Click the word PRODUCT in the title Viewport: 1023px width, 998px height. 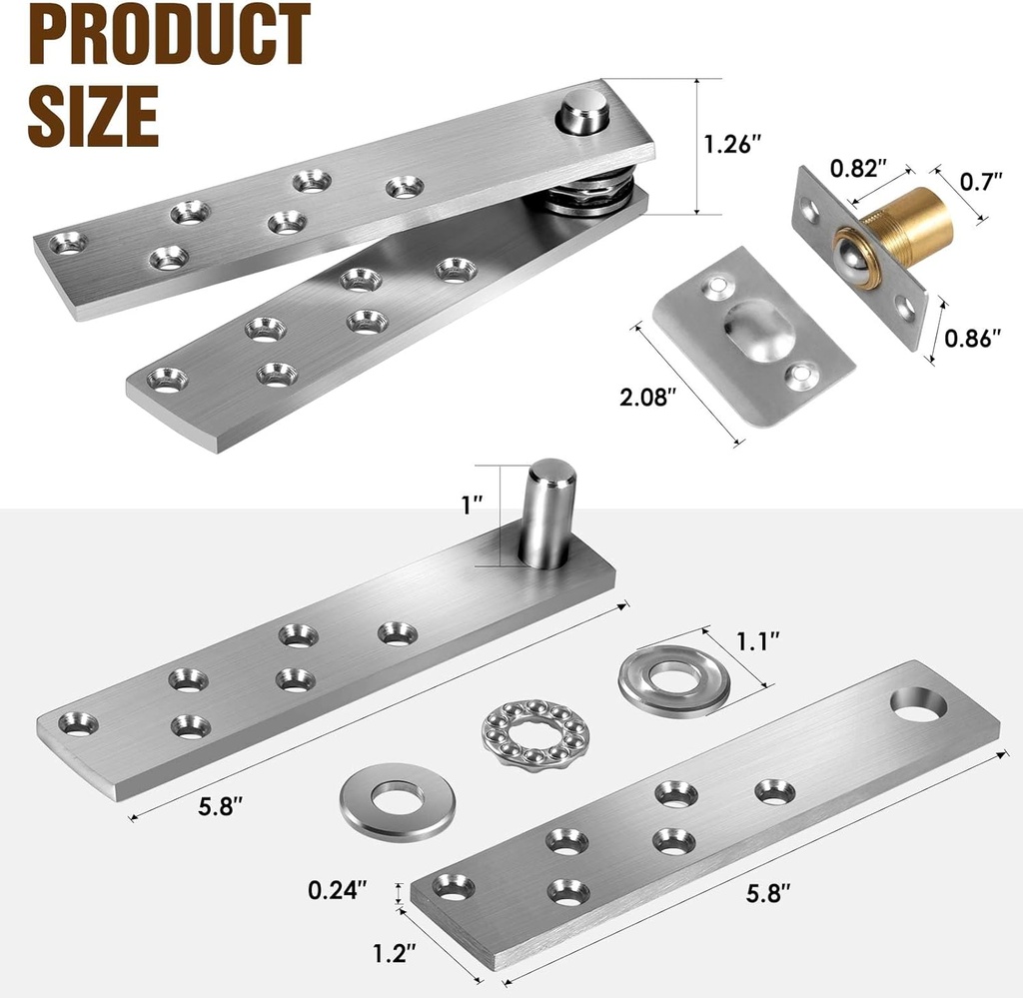coord(168,37)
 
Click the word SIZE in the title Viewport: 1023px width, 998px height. coord(93,115)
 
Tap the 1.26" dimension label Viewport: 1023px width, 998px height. coord(732,144)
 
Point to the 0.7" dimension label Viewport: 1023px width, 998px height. coord(980,182)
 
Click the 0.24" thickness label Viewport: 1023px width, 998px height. coord(338,887)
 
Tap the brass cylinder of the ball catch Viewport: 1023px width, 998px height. coord(910,226)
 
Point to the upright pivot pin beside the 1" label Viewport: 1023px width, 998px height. coord(548,511)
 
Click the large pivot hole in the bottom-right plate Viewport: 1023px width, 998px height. coord(918,703)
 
